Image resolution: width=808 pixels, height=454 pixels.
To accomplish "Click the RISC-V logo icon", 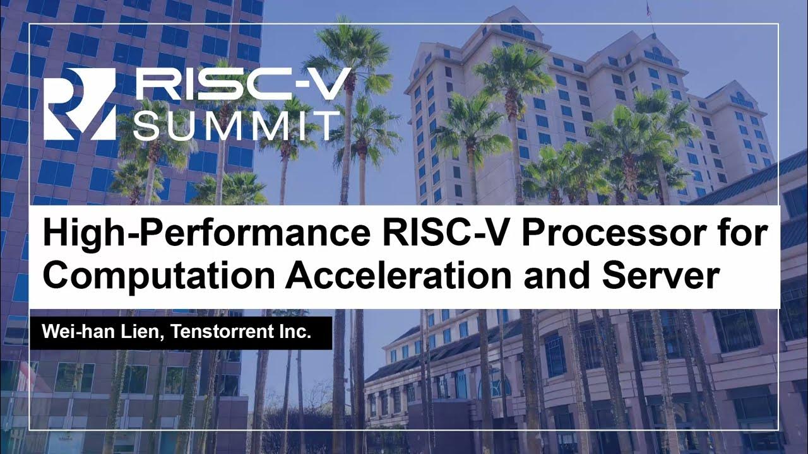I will (x=79, y=104).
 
